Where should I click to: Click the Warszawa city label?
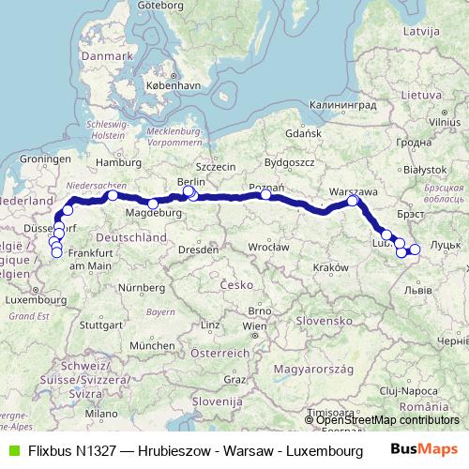(354, 190)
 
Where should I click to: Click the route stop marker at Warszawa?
(353, 201)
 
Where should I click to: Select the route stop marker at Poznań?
(266, 195)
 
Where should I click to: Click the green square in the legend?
(13, 449)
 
